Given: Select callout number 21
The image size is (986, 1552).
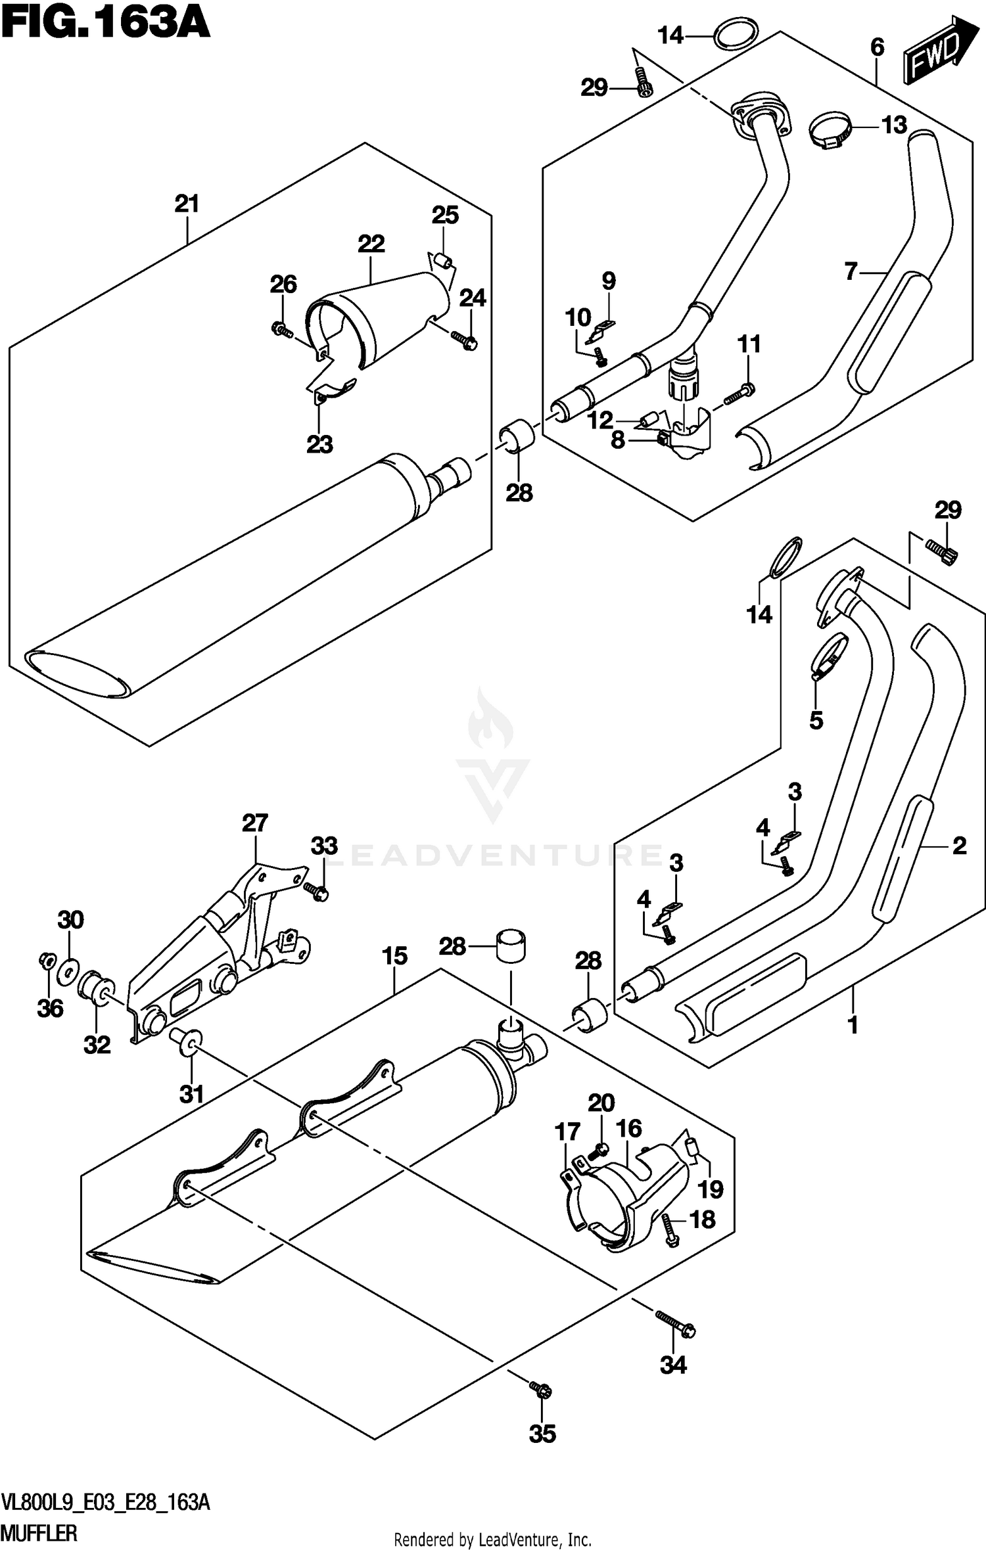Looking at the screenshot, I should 187,204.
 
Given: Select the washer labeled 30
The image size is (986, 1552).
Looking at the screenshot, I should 68,970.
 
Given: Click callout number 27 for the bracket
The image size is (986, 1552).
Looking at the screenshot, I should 255,823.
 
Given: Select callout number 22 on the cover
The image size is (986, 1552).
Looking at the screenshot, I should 371,244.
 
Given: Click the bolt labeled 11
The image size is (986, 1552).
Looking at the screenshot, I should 739,394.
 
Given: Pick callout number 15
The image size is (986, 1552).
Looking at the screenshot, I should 394,956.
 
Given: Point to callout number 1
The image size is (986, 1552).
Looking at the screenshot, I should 853,1024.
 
